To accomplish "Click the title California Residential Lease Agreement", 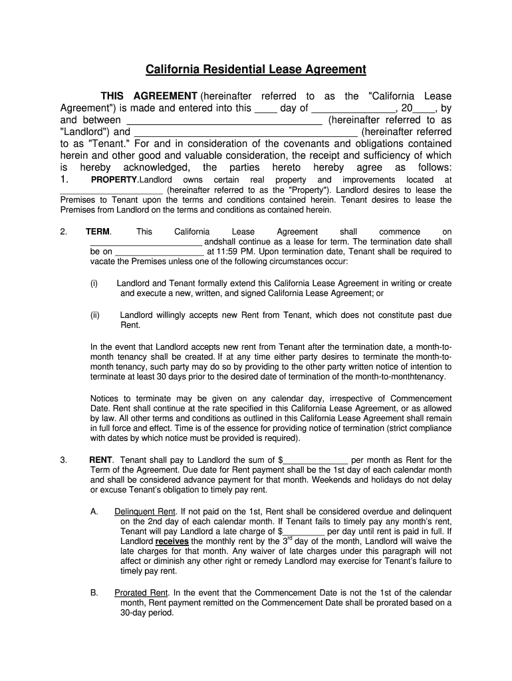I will (256, 69).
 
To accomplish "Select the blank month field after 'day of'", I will (353, 108).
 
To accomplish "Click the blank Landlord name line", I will (224, 120).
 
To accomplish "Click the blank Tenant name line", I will (246, 132).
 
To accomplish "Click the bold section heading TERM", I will (98, 231).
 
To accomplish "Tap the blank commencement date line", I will (146, 242).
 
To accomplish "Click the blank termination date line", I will (160, 252).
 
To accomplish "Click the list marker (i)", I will (94, 283).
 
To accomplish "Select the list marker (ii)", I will (95, 315).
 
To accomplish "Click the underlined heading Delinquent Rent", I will (144, 511).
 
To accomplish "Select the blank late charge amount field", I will (304, 531).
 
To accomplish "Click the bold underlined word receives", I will (172, 541).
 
